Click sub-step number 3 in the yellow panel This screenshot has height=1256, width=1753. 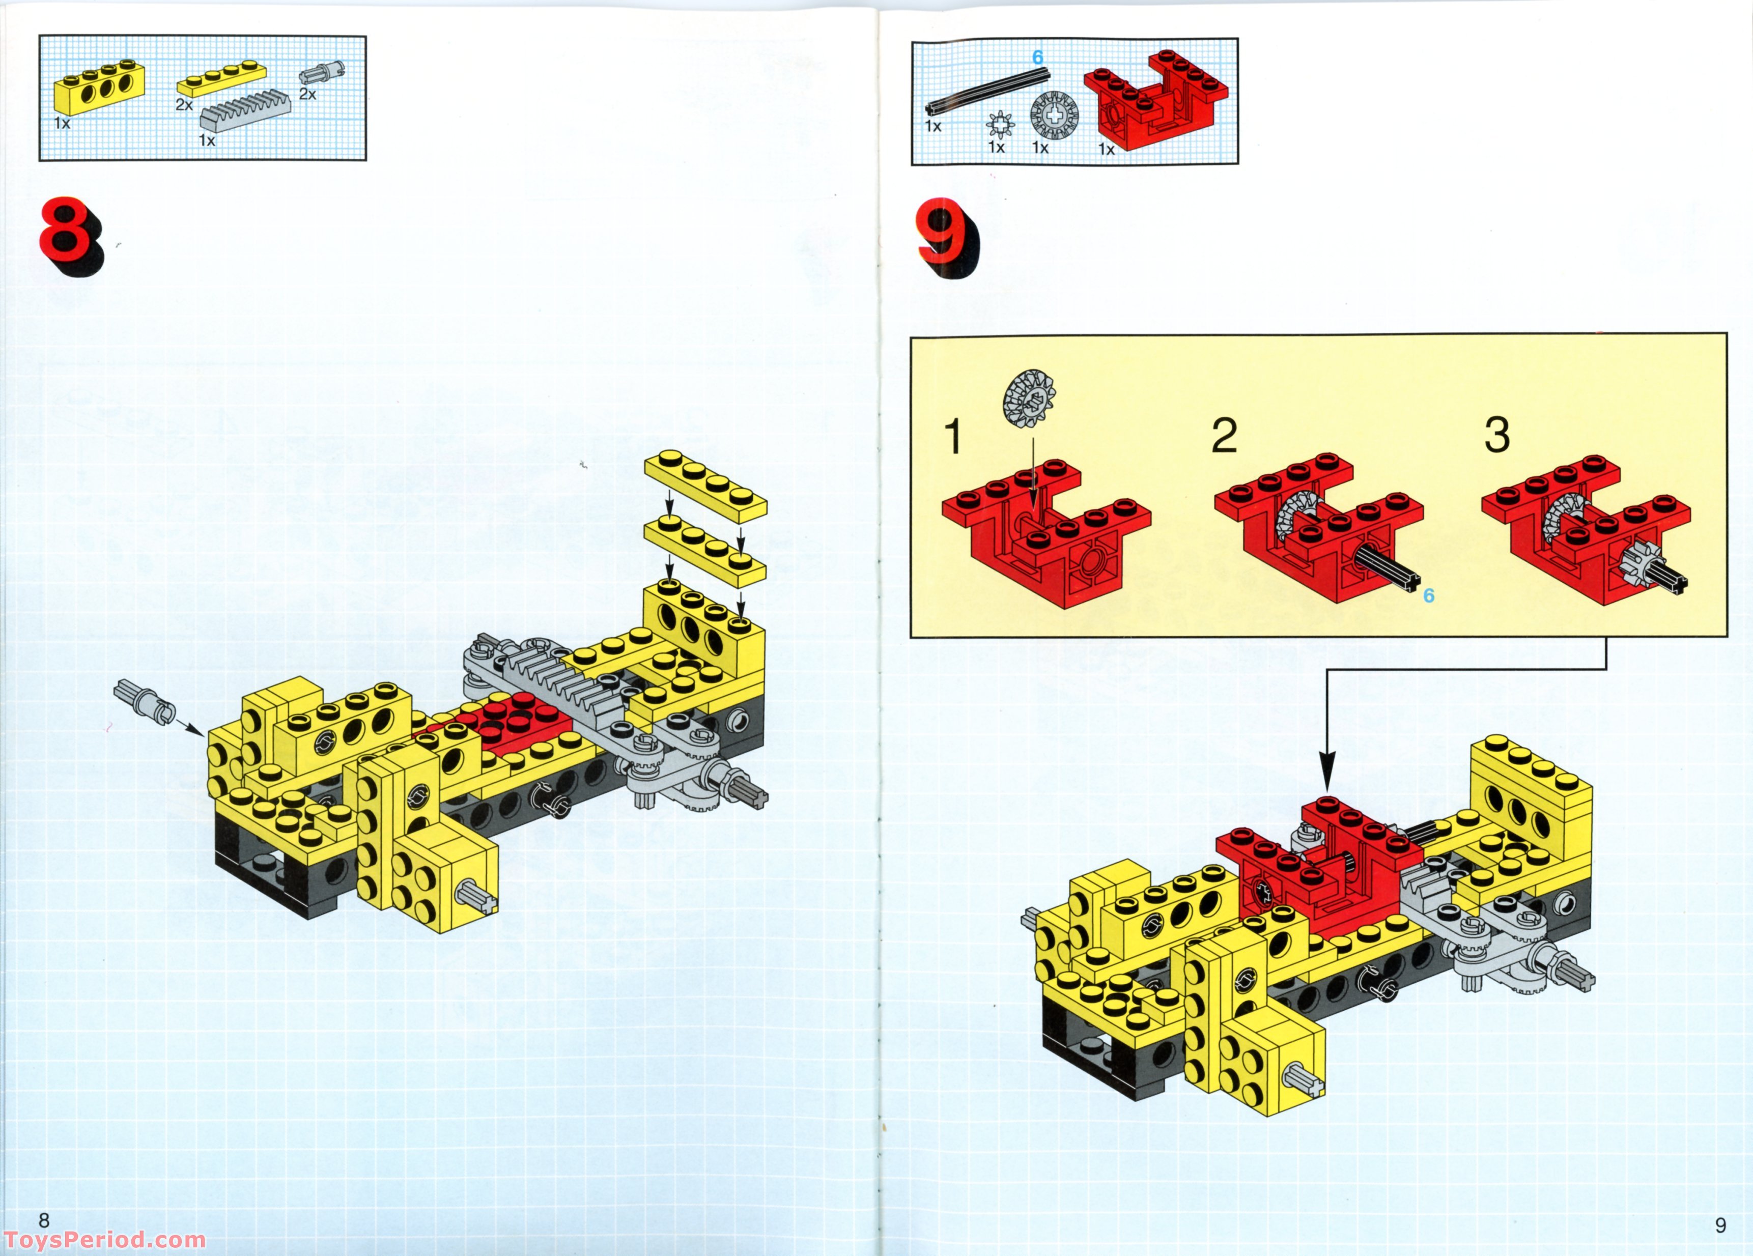[1497, 435]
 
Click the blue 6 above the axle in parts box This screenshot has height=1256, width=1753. [1037, 57]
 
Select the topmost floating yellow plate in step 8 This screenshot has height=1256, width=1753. [705, 484]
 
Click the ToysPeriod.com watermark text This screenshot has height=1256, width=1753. [104, 1239]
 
